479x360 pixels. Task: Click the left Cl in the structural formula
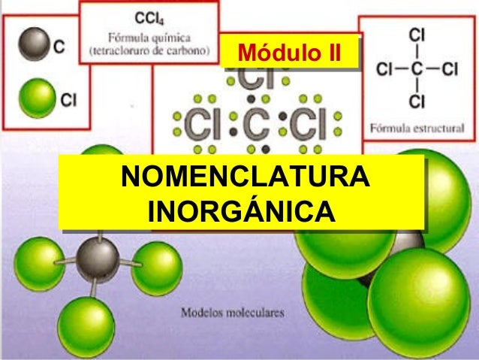[386, 70]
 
